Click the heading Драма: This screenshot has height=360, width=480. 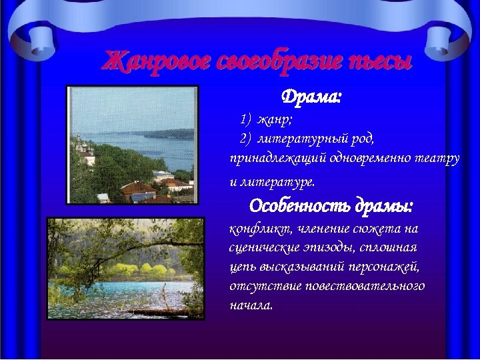point(311,97)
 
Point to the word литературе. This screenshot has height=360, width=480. point(278,181)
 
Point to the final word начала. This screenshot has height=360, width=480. point(251,305)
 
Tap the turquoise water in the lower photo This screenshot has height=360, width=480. point(100,293)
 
